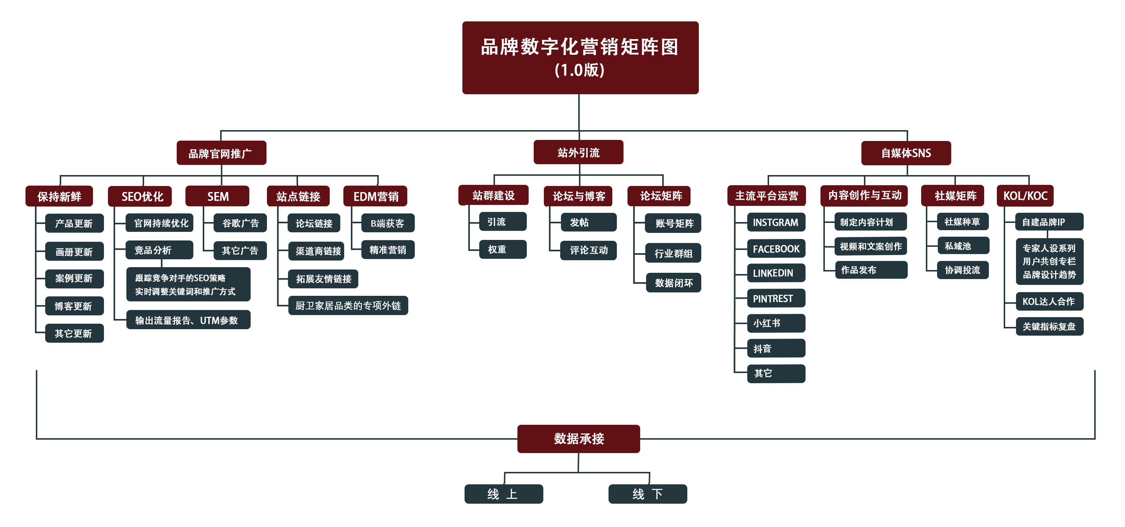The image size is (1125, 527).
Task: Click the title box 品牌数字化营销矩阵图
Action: tap(580, 57)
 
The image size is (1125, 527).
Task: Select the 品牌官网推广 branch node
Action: tap(221, 153)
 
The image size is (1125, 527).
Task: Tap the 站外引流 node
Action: tap(578, 152)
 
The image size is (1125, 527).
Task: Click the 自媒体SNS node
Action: tap(906, 153)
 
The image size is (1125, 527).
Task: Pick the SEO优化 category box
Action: tap(140, 196)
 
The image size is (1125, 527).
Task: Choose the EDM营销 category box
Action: tap(375, 196)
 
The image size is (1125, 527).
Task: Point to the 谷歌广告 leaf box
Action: tap(240, 223)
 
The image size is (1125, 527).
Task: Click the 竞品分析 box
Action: tap(159, 250)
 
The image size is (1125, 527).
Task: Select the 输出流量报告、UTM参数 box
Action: tap(188, 320)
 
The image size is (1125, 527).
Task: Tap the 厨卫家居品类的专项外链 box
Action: tap(348, 306)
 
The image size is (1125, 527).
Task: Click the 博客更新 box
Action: tap(74, 306)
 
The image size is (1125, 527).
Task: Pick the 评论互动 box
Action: tap(588, 250)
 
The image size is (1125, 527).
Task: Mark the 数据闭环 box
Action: tap(673, 283)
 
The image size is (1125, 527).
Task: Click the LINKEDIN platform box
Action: tap(776, 273)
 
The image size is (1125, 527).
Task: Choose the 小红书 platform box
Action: tap(776, 323)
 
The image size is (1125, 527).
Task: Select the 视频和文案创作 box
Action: tap(871, 246)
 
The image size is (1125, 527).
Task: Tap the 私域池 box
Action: tap(962, 246)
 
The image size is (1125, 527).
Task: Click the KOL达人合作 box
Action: tap(1049, 301)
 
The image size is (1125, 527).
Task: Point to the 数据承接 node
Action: tap(579, 438)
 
